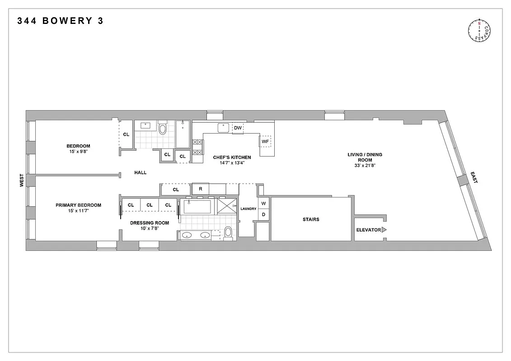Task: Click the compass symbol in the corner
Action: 479,31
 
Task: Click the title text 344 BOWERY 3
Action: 61,21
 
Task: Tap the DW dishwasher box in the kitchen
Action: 238,128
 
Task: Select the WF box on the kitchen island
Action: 265,142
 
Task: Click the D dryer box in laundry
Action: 263,214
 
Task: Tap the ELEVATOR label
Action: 368,230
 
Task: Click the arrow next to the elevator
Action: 384,230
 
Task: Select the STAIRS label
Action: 311,219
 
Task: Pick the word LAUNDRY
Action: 248,209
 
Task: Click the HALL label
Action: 140,172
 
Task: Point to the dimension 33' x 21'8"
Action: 365,166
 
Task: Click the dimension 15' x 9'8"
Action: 78,152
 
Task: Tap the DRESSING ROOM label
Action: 150,223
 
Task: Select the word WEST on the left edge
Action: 21,181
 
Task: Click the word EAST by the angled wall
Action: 473,177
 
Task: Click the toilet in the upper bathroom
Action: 163,130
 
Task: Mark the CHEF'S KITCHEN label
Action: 232,157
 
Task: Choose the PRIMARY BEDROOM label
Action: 78,205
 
